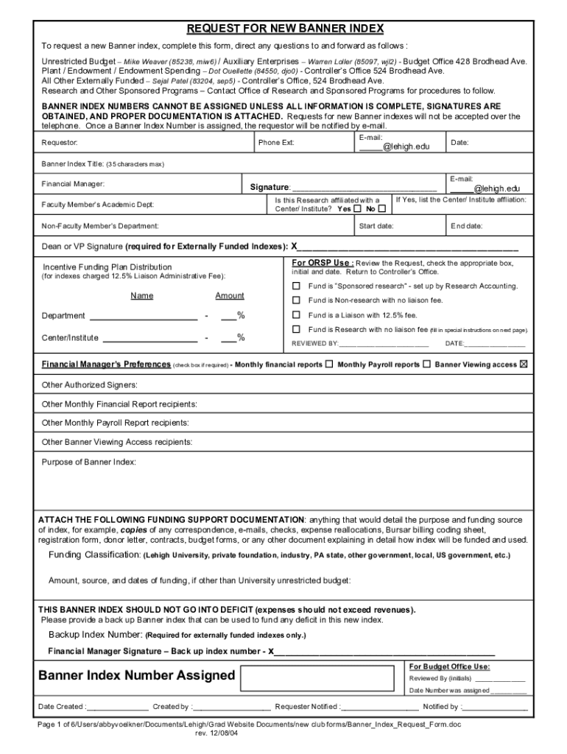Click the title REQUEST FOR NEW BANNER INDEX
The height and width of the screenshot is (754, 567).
285,29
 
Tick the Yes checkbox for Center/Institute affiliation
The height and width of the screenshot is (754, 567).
358,208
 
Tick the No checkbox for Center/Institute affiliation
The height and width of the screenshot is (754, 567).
381,208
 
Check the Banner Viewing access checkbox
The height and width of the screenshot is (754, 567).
524,364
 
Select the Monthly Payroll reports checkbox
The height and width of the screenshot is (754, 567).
426,364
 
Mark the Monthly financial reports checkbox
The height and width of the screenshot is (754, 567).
328,364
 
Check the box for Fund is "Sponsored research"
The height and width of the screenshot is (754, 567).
297,286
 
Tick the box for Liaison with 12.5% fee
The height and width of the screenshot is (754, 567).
297,315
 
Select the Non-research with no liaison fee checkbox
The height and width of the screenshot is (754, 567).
297,300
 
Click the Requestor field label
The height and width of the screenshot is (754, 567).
60,142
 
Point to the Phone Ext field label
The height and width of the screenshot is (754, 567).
276,142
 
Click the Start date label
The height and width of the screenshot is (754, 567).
376,225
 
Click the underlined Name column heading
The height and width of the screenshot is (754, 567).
142,295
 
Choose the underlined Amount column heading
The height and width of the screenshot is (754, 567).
230,295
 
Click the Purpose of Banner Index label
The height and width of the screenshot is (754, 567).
88,462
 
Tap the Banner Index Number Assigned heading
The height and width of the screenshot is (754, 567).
137,675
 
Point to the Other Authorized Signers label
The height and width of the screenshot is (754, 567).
90,384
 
